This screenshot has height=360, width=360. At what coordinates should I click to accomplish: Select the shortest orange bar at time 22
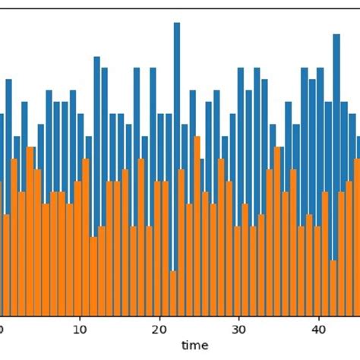click(x=173, y=293)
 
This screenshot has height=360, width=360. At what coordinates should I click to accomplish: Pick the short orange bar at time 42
click(x=333, y=289)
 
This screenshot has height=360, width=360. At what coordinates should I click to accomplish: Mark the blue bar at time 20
click(x=161, y=148)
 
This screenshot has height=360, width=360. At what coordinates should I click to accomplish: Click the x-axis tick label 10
click(x=79, y=330)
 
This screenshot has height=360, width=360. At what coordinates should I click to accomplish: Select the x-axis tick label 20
click(x=159, y=330)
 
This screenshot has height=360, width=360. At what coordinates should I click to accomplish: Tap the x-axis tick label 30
click(x=238, y=330)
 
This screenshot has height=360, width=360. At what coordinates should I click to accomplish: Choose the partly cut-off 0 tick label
click(x=2, y=330)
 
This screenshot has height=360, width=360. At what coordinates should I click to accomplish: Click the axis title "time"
click(x=194, y=346)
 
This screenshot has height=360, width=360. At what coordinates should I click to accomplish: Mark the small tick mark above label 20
click(x=159, y=319)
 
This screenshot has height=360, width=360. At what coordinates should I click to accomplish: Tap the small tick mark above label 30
click(x=238, y=319)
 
